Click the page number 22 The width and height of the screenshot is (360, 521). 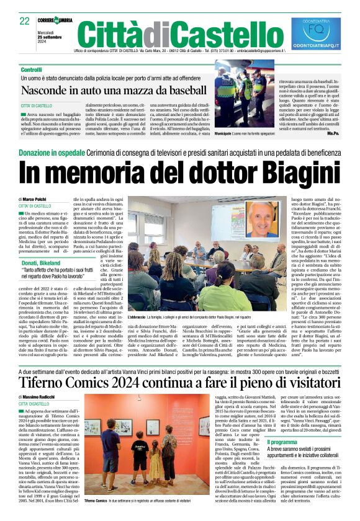24,20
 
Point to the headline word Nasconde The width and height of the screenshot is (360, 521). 51,91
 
